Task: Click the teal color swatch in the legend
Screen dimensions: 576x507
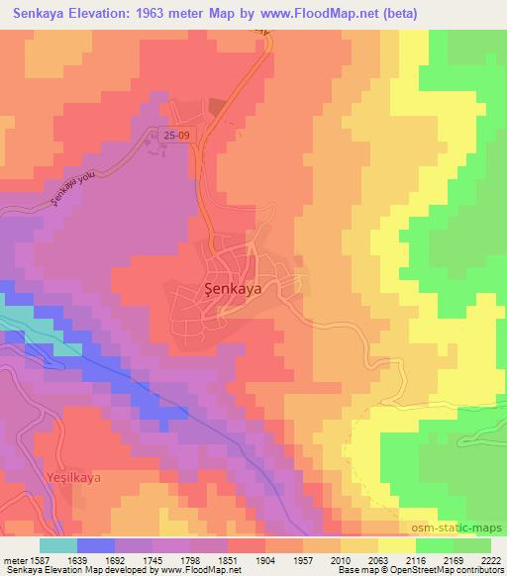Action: click(58, 545)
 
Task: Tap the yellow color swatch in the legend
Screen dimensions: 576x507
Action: click(397, 545)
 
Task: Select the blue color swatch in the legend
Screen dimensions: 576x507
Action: click(96, 545)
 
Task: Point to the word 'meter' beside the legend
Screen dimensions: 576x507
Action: click(14, 559)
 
